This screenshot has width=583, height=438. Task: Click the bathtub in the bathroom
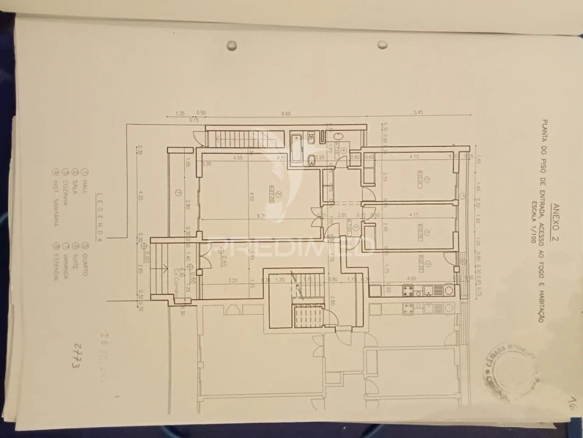point(296,148)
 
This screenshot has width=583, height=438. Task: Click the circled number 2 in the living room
point(278,194)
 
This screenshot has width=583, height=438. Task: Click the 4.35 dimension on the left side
point(140,196)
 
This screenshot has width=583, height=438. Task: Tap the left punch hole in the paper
point(232,45)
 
